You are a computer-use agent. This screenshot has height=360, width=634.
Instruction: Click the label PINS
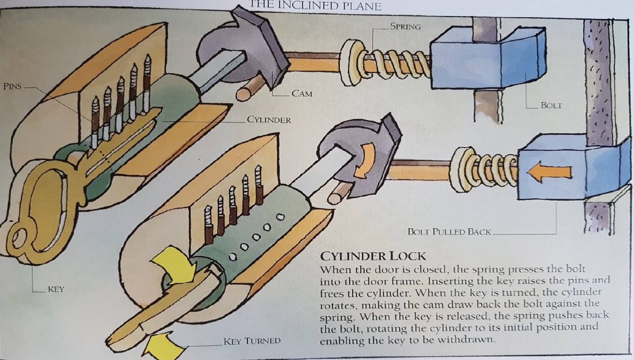12,86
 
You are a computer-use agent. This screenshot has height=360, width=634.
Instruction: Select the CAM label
302,94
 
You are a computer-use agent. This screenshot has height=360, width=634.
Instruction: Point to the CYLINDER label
268,119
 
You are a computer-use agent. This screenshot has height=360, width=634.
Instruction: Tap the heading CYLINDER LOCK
370,255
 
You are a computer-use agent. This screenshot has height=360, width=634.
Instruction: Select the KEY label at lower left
55,289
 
